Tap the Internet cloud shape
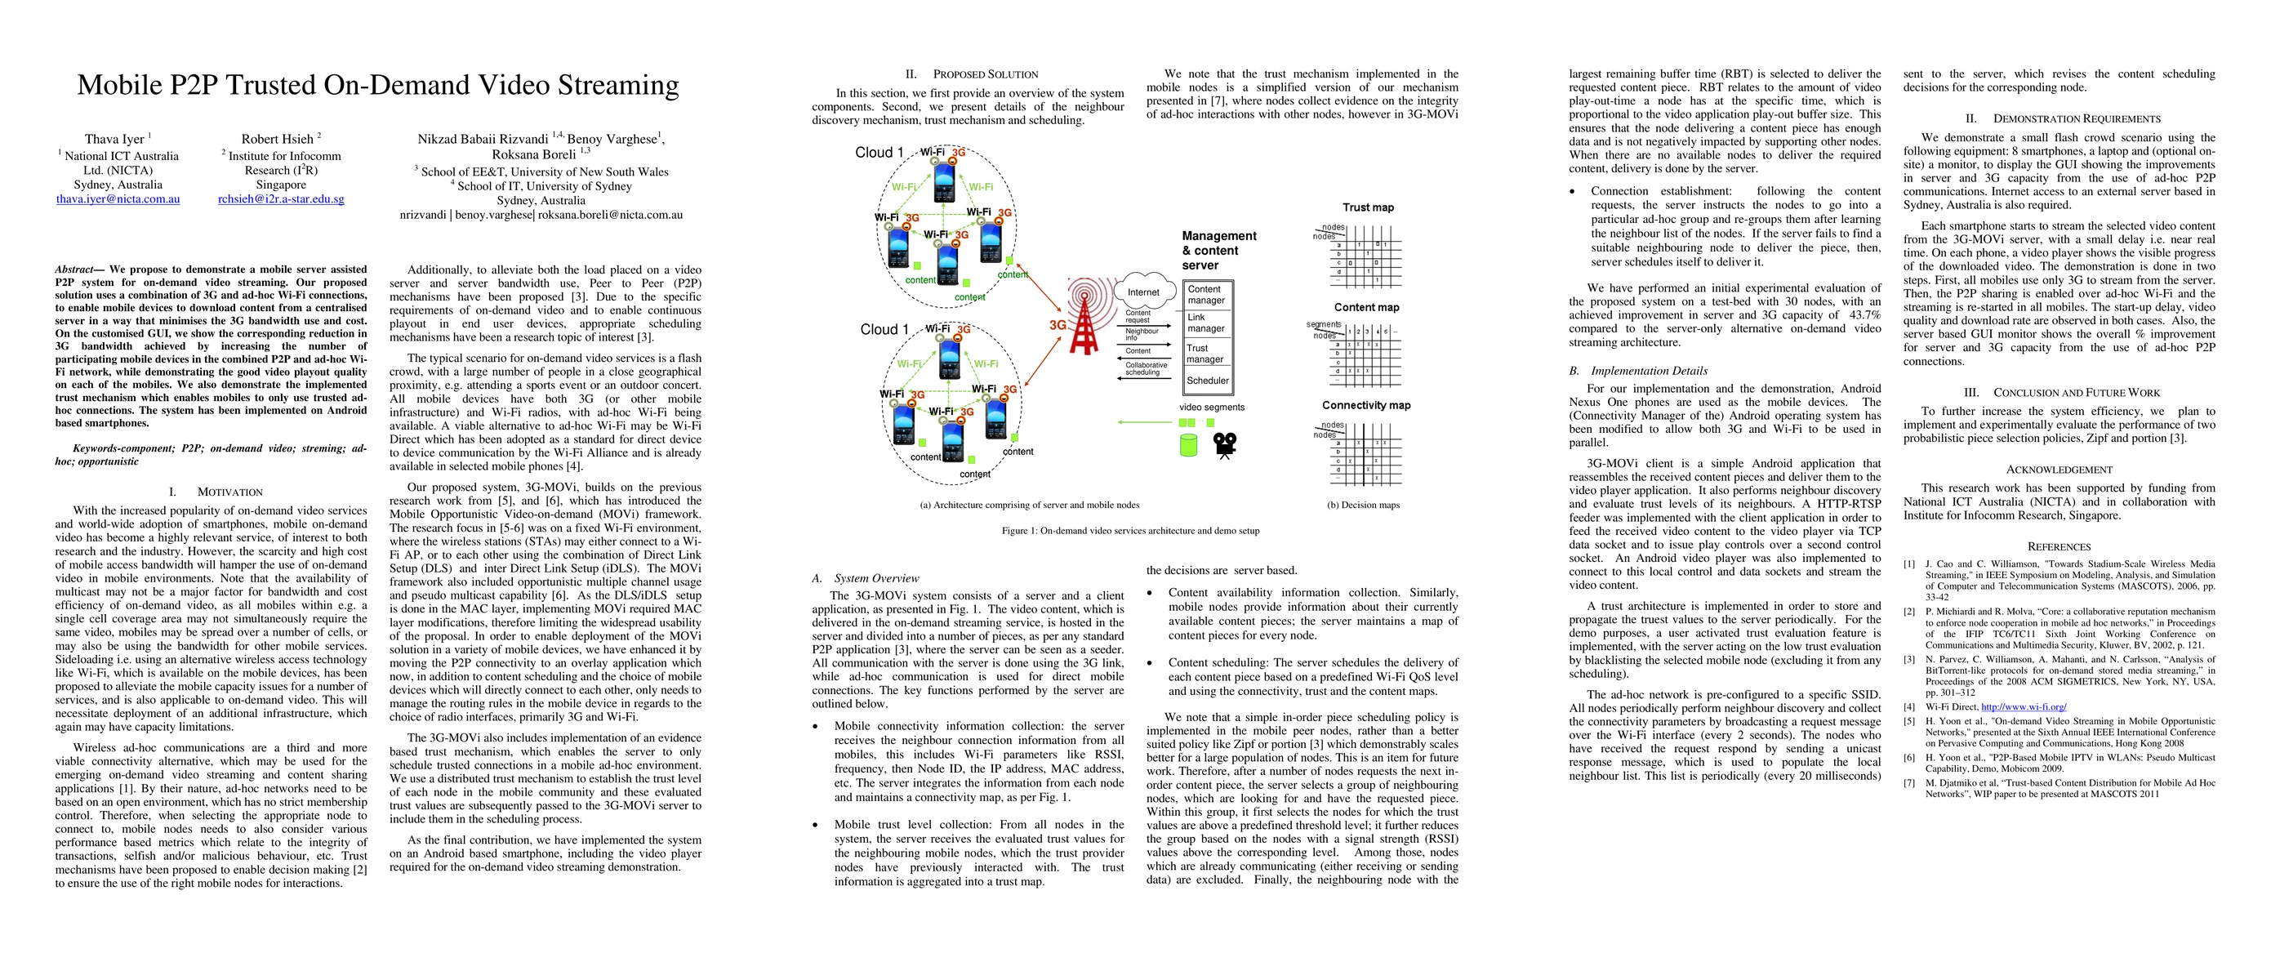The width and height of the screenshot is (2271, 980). (x=1143, y=292)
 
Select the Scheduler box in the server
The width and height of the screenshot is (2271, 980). (x=1207, y=381)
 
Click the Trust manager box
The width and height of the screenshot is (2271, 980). (x=1205, y=354)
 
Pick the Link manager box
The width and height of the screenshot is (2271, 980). (x=1205, y=323)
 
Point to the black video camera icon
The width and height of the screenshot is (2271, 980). (x=1225, y=445)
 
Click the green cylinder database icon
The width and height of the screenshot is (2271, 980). (x=1188, y=444)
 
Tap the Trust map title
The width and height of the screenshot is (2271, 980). (x=1369, y=207)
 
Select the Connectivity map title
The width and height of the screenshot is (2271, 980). (x=1365, y=405)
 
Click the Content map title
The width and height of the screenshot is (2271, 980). (x=1366, y=308)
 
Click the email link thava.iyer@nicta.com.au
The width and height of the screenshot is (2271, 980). (x=118, y=199)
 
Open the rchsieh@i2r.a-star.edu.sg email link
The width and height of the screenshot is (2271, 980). (x=281, y=199)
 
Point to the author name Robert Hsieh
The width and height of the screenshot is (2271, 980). (x=277, y=140)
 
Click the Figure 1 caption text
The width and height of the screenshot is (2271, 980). (x=1130, y=531)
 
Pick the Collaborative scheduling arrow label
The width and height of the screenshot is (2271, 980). (x=1145, y=368)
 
